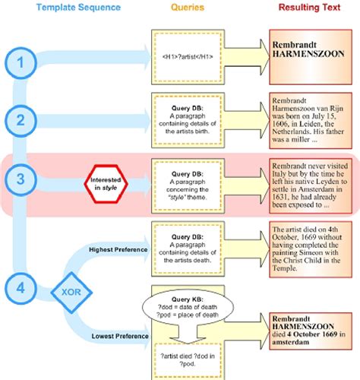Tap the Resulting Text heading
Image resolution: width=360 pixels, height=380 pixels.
[308, 8]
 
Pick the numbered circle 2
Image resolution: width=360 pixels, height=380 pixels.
[23, 119]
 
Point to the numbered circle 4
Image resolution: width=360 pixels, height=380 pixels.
[23, 287]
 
